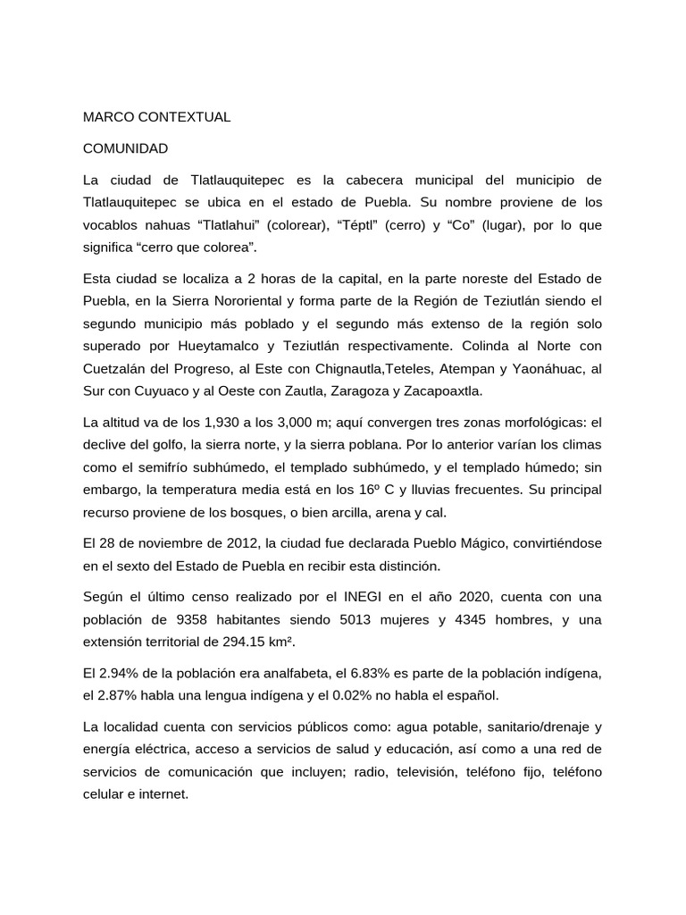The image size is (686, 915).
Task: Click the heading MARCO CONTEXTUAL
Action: pyautogui.click(x=156, y=117)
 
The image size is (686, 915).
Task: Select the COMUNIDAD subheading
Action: pyautogui.click(x=125, y=148)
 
